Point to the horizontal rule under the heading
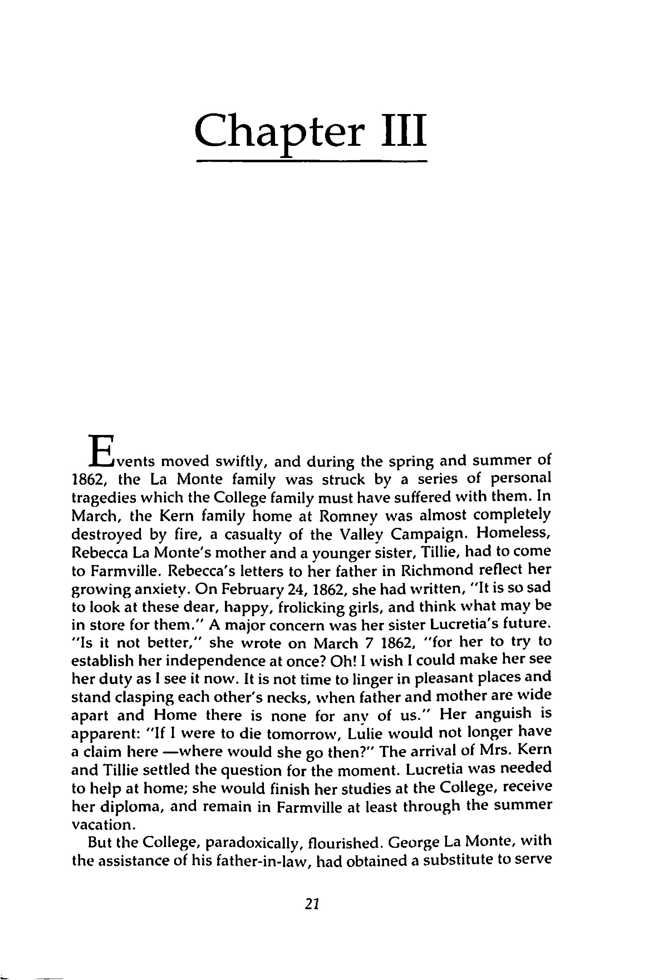pos(311,162)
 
